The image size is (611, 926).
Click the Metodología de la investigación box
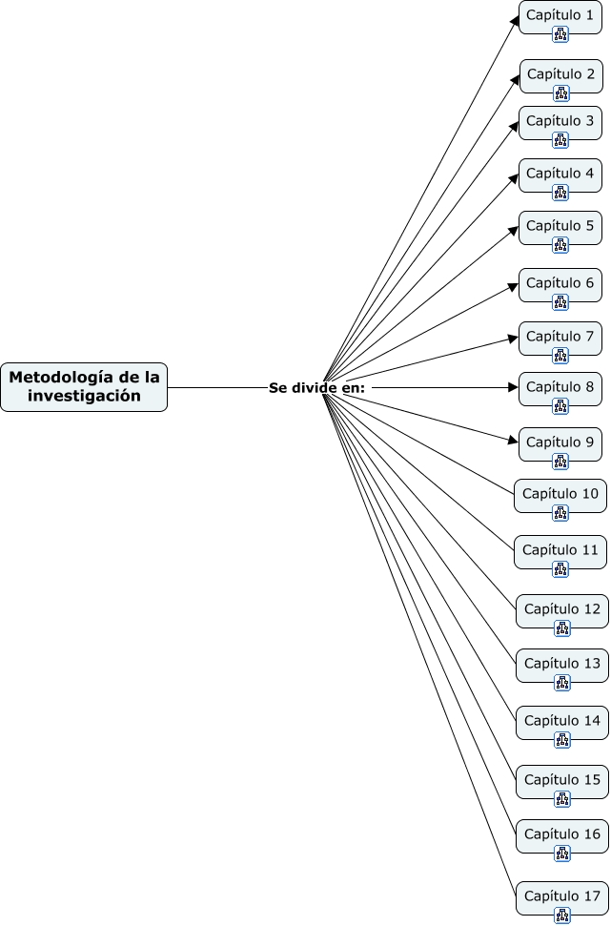[84, 387]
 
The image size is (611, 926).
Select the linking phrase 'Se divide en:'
[316, 388]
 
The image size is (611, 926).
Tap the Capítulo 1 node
[560, 16]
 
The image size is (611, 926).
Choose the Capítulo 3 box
[560, 121]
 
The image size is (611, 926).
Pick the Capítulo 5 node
[560, 226]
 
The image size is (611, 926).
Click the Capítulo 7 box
[560, 337]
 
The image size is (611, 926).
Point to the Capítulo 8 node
[560, 387]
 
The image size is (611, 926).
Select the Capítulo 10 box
[560, 494]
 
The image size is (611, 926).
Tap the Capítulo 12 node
[562, 609]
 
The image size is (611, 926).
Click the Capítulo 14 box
[562, 722]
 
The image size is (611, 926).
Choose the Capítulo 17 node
[562, 896]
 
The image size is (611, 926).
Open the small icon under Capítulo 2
[560, 93]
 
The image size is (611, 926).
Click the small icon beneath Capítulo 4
[560, 193]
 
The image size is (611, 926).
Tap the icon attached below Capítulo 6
[560, 302]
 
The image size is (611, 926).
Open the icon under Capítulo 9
[560, 462]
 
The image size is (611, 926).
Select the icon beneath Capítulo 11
[560, 569]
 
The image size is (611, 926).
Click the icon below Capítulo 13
[562, 683]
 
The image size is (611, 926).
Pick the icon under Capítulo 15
[562, 799]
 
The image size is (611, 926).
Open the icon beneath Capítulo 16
[562, 854]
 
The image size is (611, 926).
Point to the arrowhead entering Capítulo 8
[513, 388]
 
